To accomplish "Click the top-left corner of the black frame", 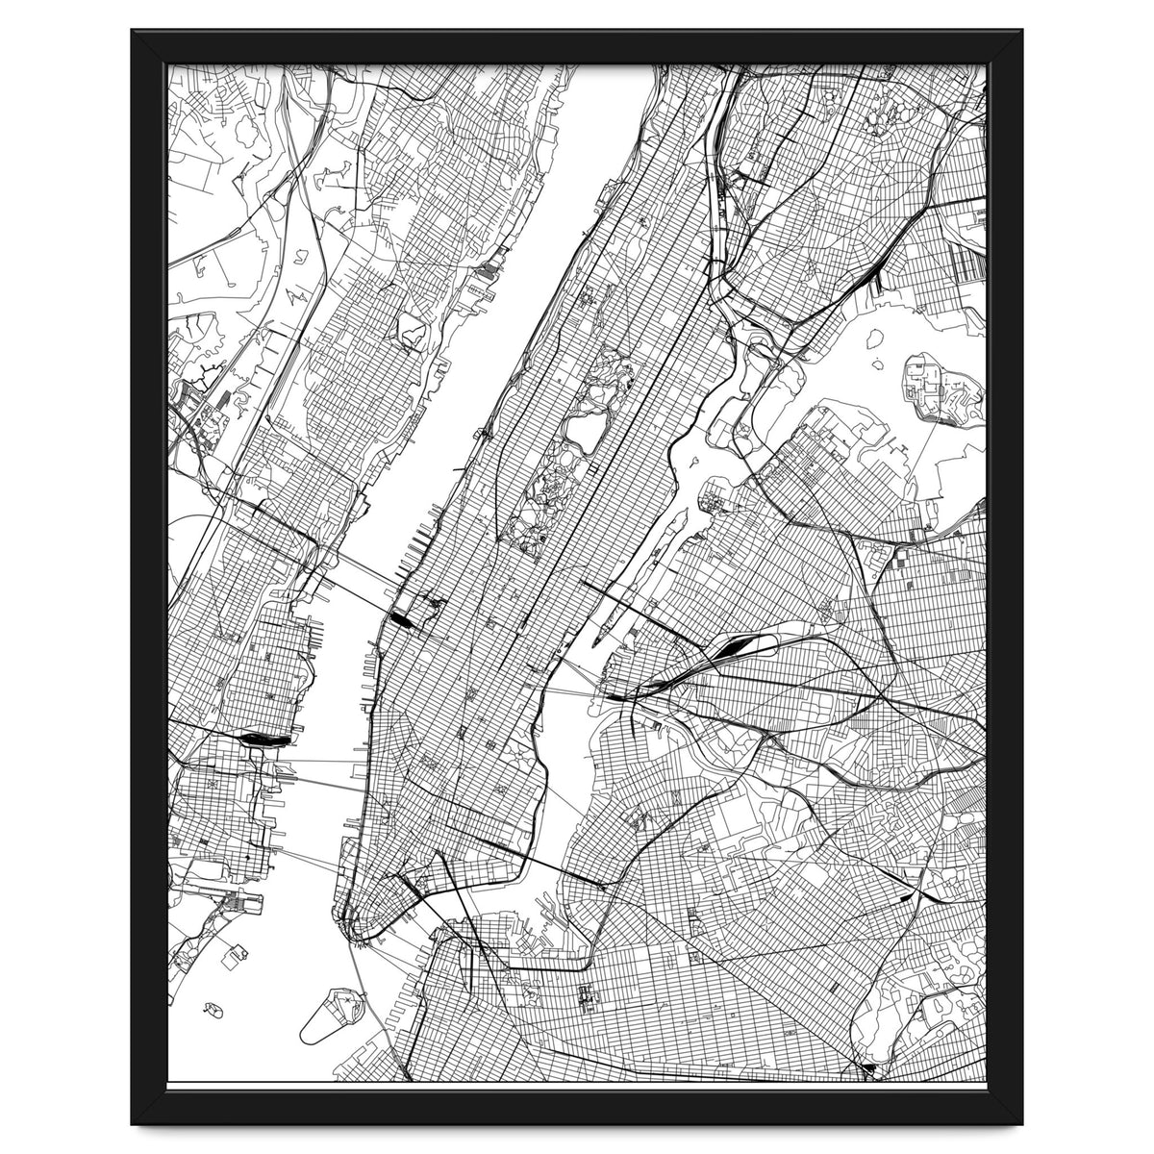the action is (132, 31).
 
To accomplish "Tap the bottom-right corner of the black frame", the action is (1022, 1123).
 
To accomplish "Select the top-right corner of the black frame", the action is (1022, 31).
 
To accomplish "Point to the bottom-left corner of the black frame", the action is (132, 1123).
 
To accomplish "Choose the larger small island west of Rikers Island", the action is (874, 339).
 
